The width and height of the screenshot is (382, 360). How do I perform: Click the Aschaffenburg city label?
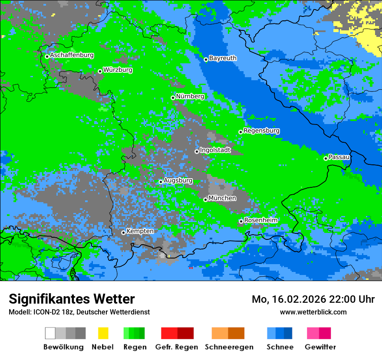[x=72, y=56]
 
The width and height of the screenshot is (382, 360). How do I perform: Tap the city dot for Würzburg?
[x=100, y=71]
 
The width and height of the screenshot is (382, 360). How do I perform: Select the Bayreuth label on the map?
[x=223, y=58]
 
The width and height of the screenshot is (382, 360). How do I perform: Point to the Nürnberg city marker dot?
[x=173, y=98]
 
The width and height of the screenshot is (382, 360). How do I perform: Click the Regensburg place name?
[x=261, y=131]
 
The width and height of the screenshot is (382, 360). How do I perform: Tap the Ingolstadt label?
[x=215, y=150]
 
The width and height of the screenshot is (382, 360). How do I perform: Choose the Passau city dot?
[x=326, y=158]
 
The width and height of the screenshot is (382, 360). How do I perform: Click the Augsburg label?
[x=178, y=180]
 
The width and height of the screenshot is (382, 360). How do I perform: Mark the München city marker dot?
[x=205, y=200]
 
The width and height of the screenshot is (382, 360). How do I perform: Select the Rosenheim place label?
[x=261, y=220]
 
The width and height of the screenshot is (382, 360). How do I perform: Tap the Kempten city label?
[x=140, y=231]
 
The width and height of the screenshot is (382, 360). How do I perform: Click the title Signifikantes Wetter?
[x=72, y=299]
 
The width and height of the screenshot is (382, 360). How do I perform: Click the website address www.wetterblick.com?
[x=313, y=312]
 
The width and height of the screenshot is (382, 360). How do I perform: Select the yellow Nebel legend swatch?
[x=103, y=333]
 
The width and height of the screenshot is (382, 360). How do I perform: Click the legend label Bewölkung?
[x=63, y=347]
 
